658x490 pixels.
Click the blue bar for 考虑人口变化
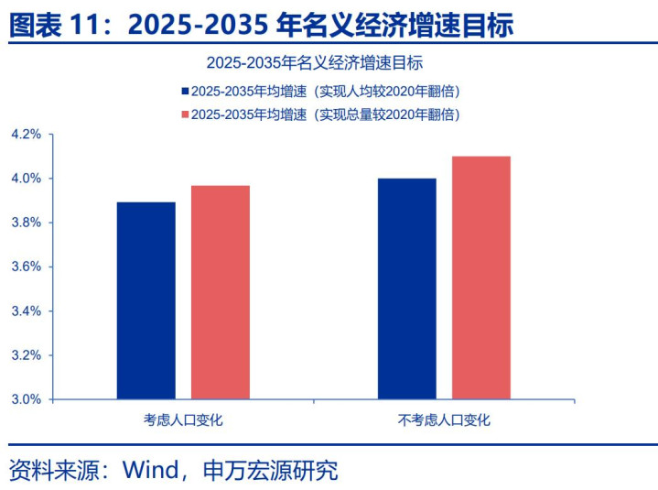click(x=146, y=300)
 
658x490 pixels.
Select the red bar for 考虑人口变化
click(x=220, y=292)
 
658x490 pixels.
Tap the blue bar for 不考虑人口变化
click(x=407, y=289)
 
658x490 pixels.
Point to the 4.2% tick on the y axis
click(x=27, y=134)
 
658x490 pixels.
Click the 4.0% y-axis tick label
click(x=27, y=178)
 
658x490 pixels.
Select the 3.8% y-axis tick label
click(x=27, y=223)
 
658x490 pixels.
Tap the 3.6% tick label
click(x=27, y=267)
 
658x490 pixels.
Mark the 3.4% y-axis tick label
click(x=27, y=310)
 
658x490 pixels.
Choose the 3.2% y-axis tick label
click(x=27, y=355)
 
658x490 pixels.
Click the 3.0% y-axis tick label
click(x=27, y=399)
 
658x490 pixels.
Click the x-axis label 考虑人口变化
click(x=183, y=420)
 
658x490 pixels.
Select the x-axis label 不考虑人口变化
click(x=444, y=420)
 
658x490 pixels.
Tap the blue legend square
click(x=186, y=92)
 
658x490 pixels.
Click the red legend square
click(x=186, y=114)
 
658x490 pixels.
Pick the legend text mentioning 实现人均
click(x=325, y=92)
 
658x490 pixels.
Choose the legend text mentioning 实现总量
click(x=325, y=114)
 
